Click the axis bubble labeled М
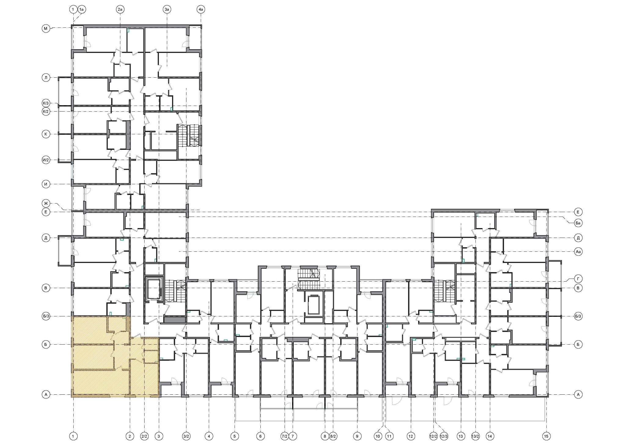[x=46, y=29]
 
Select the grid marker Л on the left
[x=46, y=78]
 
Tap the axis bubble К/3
[x=46, y=103]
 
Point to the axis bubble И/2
[x=46, y=160]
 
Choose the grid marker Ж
[x=46, y=203]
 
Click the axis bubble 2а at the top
[x=120, y=10]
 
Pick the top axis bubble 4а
[x=201, y=10]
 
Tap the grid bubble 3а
[x=167, y=10]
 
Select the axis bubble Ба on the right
[x=578, y=223]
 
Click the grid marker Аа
[x=578, y=252]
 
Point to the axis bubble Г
[x=578, y=279]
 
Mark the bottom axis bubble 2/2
[x=144, y=436]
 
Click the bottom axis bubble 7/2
[x=285, y=436]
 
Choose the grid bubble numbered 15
[x=546, y=436]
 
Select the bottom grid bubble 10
[x=378, y=436]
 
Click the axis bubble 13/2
[x=475, y=436]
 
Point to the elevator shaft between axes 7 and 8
[x=313, y=305]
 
